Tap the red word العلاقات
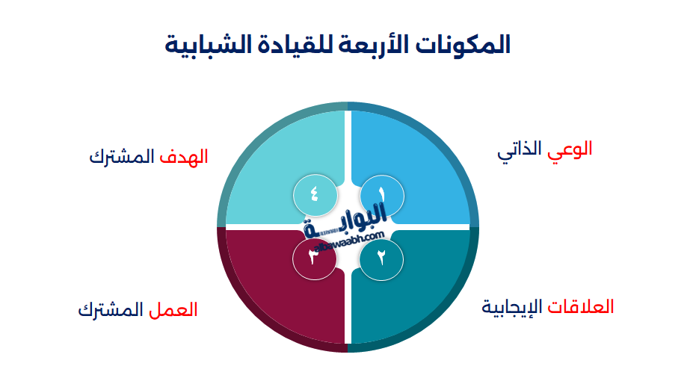(x=581, y=307)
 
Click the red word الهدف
(x=184, y=157)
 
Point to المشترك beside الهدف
(x=122, y=157)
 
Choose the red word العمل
(x=173, y=309)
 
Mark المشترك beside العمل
(x=111, y=309)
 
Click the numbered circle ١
(x=382, y=196)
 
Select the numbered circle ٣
(x=315, y=258)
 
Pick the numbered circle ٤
(x=315, y=196)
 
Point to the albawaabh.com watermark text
(x=349, y=241)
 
